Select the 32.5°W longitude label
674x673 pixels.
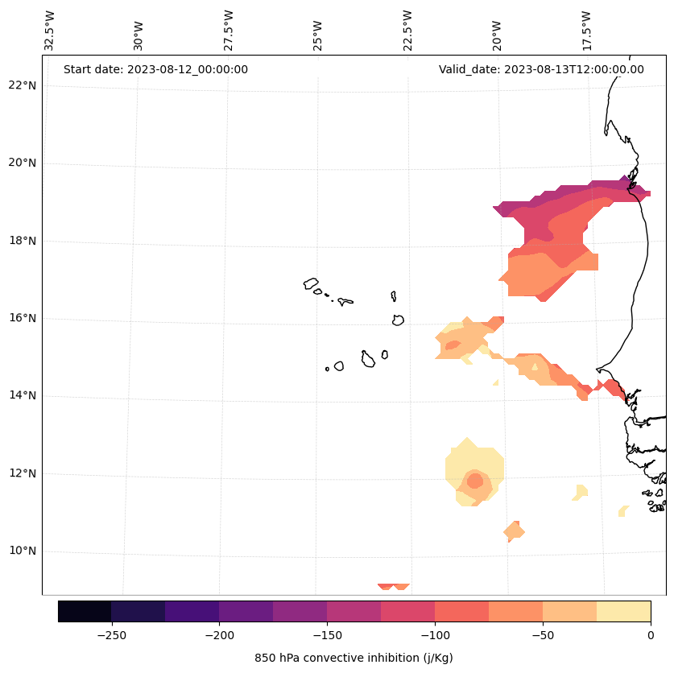[50, 31]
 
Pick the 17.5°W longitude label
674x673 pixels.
[587, 31]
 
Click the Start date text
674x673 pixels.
[155, 69]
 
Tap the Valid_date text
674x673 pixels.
[541, 69]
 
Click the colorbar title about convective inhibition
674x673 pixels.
[354, 658]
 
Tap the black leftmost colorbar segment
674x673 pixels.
[85, 611]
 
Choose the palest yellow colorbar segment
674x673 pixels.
[623, 611]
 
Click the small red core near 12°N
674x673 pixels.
[474, 481]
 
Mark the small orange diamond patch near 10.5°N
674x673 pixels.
[513, 531]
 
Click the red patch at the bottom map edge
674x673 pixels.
[394, 587]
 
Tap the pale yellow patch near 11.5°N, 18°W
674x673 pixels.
[581, 491]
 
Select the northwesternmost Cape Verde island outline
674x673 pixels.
[311, 283]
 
